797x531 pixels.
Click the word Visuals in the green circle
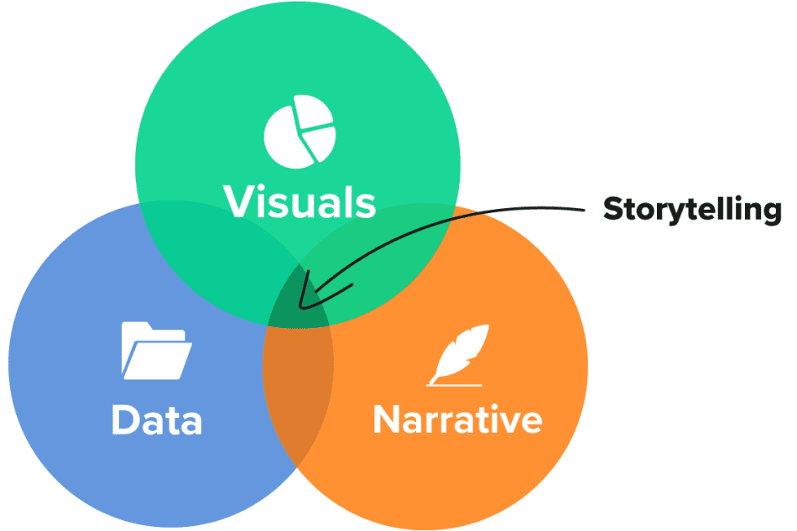pos(299,201)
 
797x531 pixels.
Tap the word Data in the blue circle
pos(157,419)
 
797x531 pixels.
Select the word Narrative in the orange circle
pos(457,419)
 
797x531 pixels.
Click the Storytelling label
pos(692,210)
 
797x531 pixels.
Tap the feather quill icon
pos(458,352)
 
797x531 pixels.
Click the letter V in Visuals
pos(238,201)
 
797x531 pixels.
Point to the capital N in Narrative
pos(388,419)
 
